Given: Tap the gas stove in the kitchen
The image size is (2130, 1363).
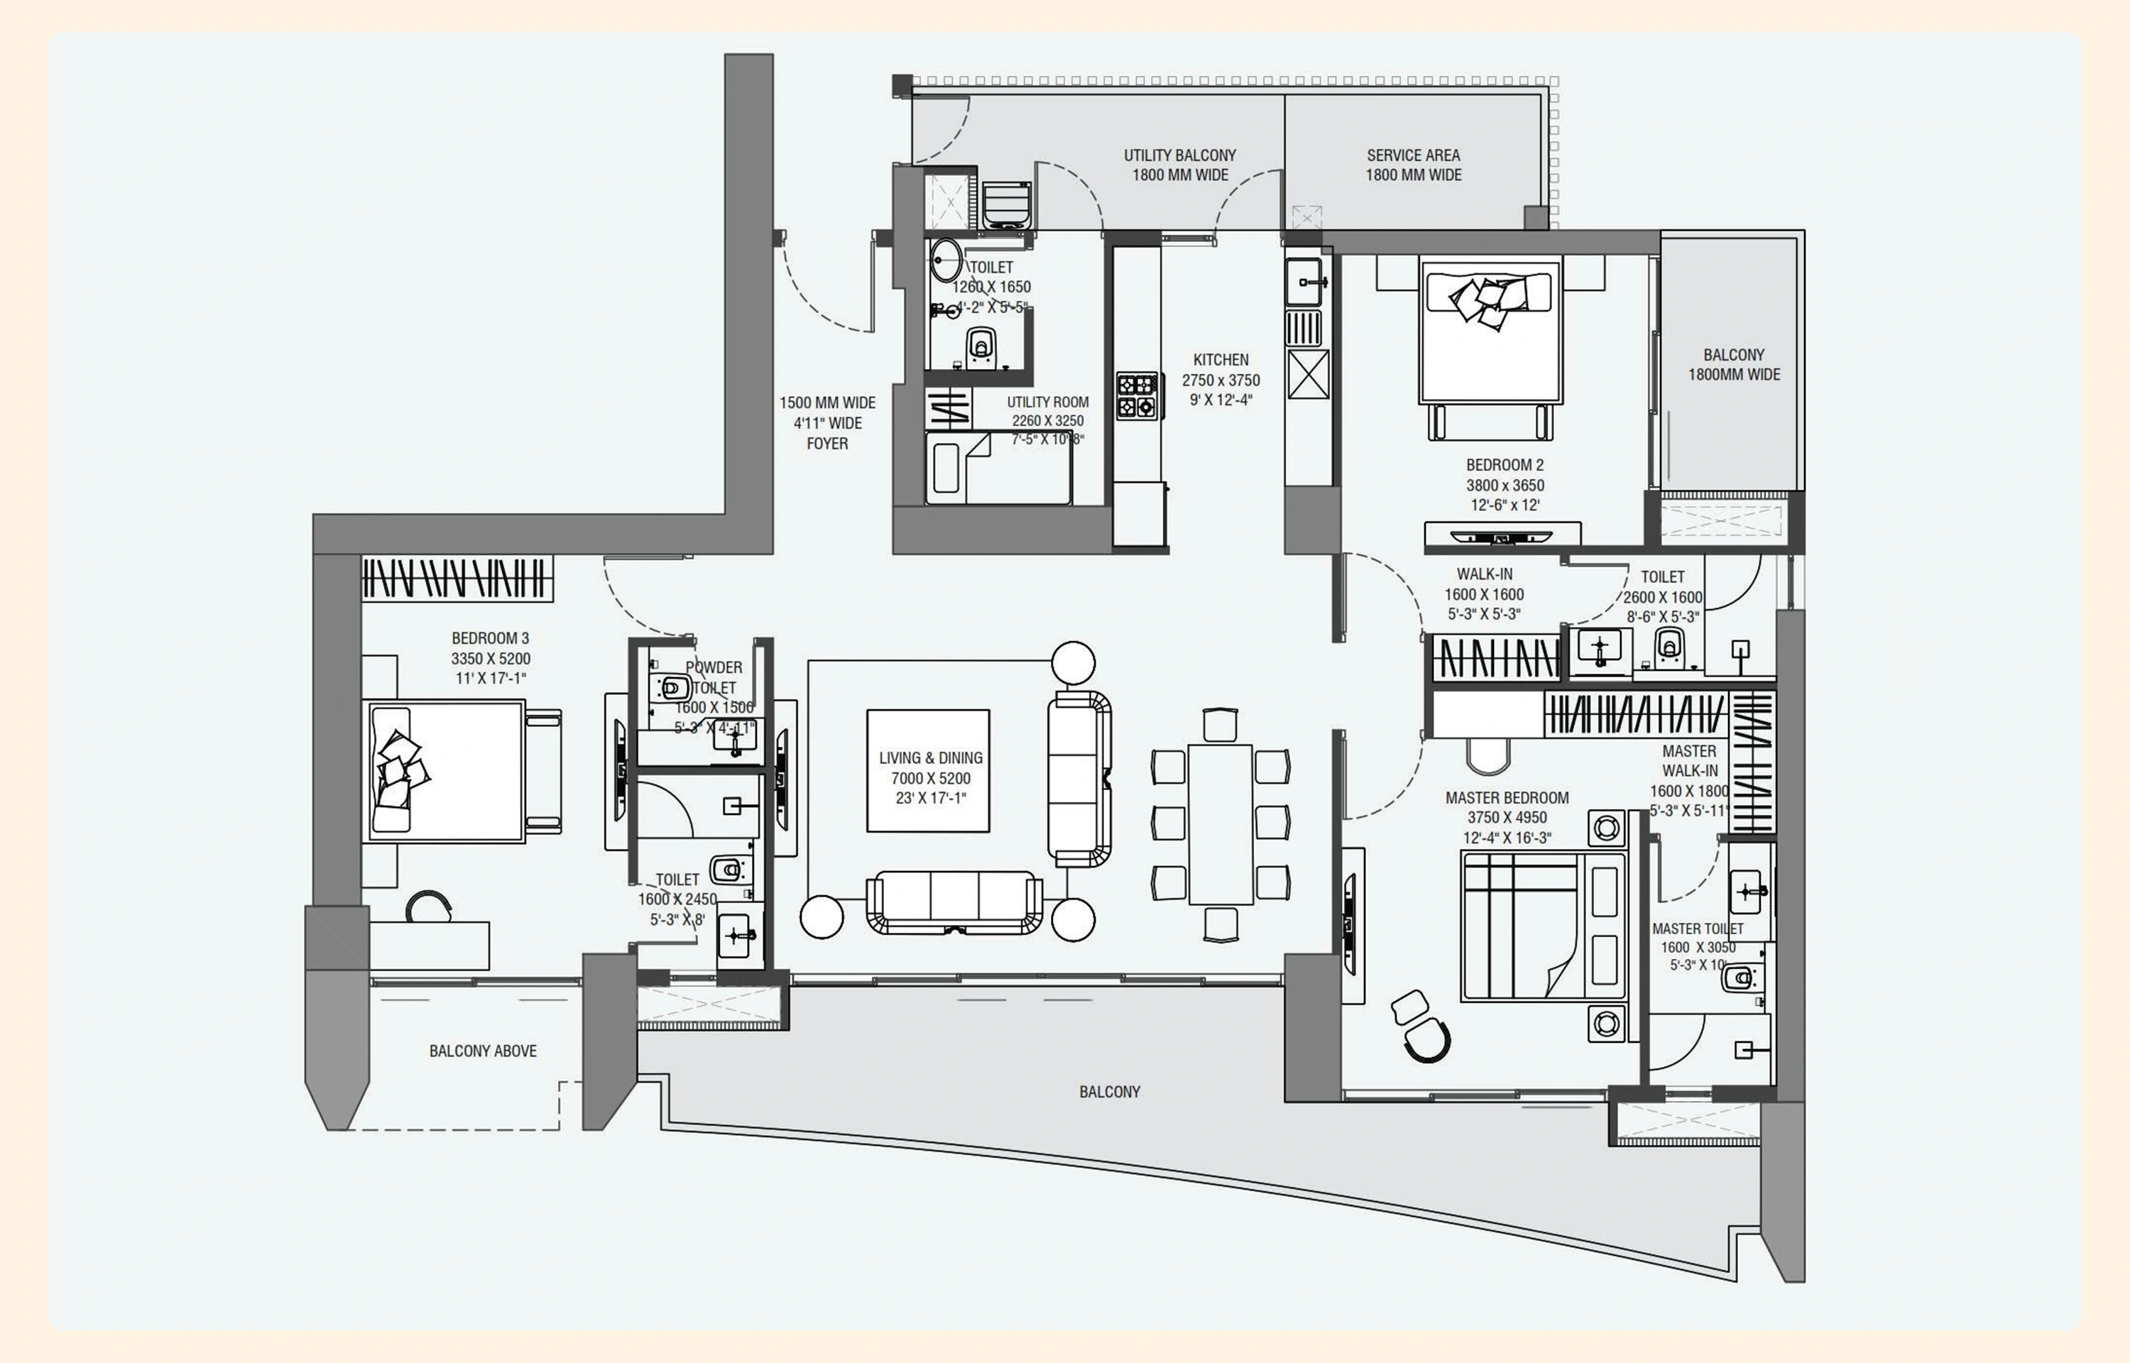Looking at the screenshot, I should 1136,395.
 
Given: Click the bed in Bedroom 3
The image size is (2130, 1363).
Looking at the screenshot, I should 447,770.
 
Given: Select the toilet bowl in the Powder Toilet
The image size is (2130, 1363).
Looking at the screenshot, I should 673,686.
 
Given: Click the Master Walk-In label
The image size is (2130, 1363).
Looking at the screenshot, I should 1688,761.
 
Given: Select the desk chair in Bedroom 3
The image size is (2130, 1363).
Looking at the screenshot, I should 429,907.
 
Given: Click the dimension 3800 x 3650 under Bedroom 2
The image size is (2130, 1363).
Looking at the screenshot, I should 1504,485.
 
